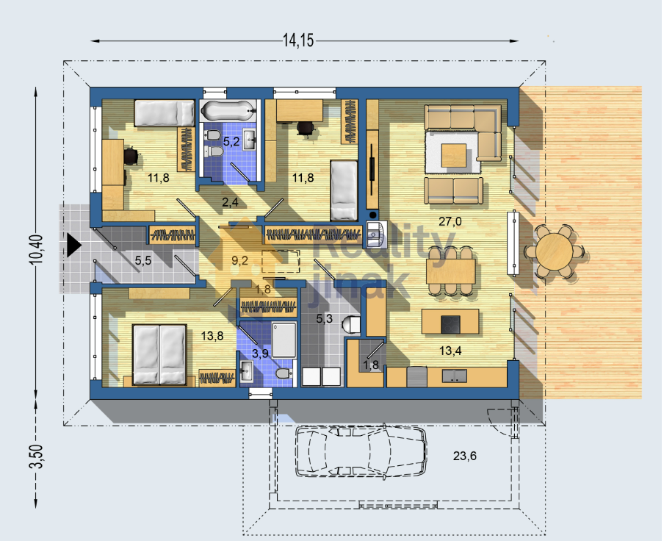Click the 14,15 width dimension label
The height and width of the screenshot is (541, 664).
298,40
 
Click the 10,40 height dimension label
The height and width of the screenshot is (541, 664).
36,249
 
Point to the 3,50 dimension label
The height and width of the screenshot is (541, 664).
37,456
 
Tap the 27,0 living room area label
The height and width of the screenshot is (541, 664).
450,221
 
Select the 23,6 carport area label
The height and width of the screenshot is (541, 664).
464,456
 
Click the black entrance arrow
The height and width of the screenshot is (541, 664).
73,245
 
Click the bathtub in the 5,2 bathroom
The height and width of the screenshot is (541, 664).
228,110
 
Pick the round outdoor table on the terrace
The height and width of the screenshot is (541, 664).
555,251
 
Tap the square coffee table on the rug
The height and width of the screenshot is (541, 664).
453,156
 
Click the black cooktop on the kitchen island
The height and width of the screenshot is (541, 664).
450,324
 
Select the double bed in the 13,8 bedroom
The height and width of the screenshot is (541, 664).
159,354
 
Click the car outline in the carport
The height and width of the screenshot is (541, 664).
361,452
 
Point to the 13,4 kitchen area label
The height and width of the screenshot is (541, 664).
450,351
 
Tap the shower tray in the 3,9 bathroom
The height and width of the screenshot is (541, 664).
284,340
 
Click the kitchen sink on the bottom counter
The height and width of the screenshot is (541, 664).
455,376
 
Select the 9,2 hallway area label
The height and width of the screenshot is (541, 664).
239,260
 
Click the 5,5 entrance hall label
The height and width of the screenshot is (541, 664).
143,260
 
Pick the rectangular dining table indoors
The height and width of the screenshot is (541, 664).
450,271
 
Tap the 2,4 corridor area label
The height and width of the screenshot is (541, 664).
230,202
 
